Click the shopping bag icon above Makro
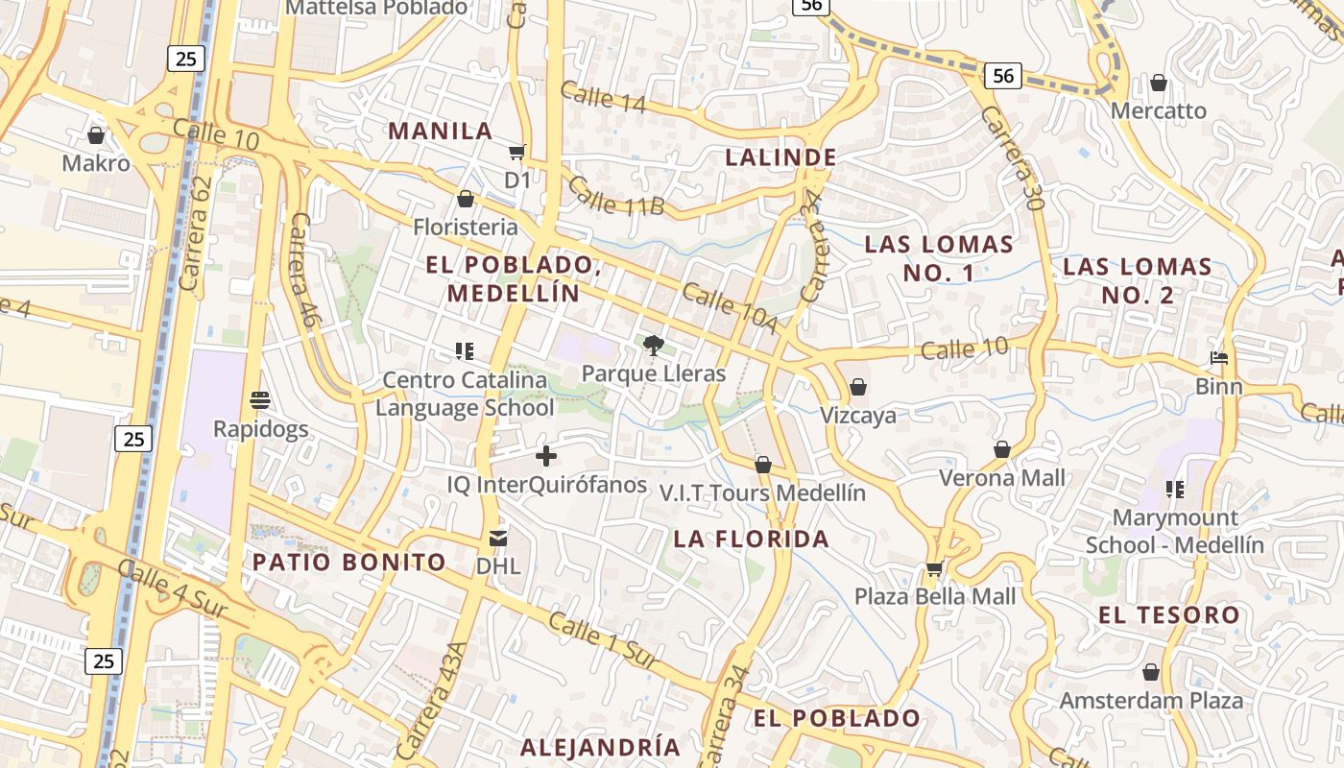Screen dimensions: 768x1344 coord(96,135)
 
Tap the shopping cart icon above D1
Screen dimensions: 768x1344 coord(517,152)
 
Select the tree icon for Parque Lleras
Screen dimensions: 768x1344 coord(654,346)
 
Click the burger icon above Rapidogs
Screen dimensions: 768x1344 coord(260,399)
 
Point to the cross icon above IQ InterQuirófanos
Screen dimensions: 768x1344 coord(546,456)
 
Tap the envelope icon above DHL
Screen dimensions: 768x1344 coord(498,538)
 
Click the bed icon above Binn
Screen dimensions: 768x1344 coord(1219,359)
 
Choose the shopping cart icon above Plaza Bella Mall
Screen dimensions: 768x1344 coord(934,568)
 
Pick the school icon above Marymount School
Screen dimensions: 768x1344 coord(1175,490)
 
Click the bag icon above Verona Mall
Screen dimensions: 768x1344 coord(1002,449)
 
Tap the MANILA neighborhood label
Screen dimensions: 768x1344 coord(440,132)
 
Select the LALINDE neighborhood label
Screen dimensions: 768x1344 coord(781,157)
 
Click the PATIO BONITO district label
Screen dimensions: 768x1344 coord(349,563)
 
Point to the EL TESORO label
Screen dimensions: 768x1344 coord(1169,615)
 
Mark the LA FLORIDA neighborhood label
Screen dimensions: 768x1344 coord(752,539)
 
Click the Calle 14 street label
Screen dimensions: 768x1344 coord(603,99)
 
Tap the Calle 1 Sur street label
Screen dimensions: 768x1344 coord(604,641)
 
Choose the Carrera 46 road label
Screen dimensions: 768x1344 coord(302,272)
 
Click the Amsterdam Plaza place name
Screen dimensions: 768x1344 coord(1151,701)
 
